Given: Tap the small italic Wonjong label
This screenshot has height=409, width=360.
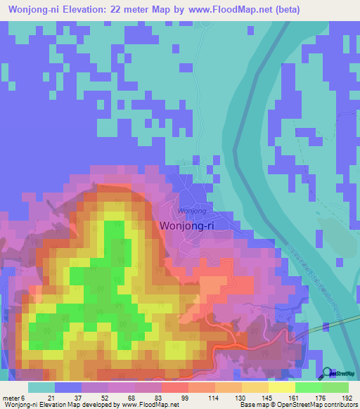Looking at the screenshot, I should pos(192,211).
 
